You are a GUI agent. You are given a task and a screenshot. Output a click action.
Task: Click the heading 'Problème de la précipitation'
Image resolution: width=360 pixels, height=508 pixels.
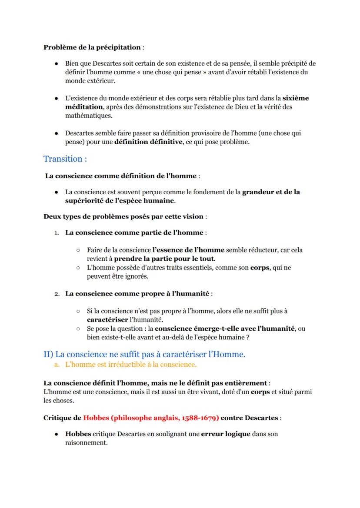point(92,47)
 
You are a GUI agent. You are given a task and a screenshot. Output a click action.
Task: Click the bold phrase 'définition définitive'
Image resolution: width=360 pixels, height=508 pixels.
point(148,142)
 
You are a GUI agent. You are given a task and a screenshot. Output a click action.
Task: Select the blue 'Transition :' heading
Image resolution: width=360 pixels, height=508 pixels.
point(65,159)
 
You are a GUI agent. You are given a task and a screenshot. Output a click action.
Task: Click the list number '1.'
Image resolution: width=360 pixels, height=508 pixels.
point(57,233)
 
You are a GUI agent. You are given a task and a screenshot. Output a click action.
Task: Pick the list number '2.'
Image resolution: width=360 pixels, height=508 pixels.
point(57,294)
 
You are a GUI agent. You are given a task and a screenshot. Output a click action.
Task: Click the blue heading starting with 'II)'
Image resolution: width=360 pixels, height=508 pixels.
point(144,354)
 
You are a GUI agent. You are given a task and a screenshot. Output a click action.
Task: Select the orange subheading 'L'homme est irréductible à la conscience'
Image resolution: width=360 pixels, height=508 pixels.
point(130,364)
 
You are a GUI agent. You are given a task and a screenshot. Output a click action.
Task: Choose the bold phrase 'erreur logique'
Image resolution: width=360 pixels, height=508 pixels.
point(226,434)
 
